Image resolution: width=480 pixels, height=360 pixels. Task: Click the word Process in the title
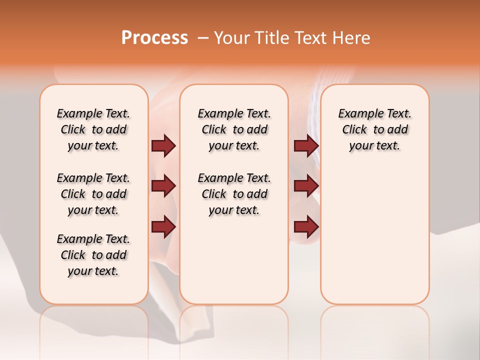click(x=154, y=38)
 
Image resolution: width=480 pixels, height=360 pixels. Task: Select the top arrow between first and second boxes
click(x=163, y=145)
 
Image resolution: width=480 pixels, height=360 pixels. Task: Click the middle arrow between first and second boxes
click(x=163, y=186)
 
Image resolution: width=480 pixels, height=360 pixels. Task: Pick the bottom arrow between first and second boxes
click(x=163, y=226)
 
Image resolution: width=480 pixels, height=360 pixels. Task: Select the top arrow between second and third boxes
click(x=306, y=145)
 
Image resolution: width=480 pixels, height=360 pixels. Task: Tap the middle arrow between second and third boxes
click(x=306, y=186)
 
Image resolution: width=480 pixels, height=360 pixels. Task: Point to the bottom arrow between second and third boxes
click(x=306, y=226)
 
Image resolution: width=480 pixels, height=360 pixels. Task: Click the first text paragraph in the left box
click(x=93, y=129)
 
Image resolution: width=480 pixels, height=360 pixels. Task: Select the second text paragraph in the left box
click(x=93, y=194)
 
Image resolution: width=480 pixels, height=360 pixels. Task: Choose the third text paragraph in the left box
click(x=93, y=255)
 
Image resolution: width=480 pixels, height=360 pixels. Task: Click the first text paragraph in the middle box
click(x=234, y=129)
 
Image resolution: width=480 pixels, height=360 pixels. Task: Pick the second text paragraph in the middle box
click(x=234, y=194)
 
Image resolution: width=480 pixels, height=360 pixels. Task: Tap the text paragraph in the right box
click(x=374, y=129)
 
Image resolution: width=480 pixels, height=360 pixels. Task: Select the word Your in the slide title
click(x=231, y=38)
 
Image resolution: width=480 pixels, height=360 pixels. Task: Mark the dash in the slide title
click(x=203, y=38)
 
